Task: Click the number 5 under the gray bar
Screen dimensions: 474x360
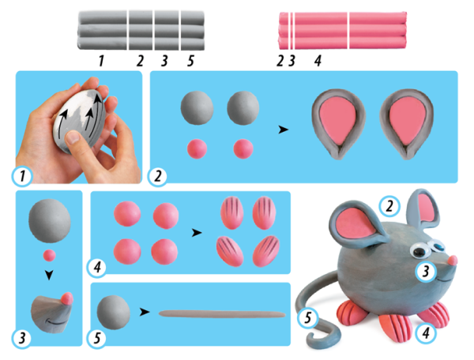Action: click(x=190, y=61)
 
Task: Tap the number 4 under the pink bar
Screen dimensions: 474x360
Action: click(x=318, y=61)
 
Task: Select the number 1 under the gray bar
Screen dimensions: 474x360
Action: click(x=101, y=61)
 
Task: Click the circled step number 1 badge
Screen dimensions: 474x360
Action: click(x=22, y=176)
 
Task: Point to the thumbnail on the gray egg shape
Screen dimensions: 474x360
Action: click(x=72, y=137)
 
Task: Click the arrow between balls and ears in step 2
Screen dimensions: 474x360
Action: click(x=284, y=129)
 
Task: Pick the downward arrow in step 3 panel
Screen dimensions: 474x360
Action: click(x=49, y=275)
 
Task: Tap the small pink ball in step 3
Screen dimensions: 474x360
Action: click(x=49, y=256)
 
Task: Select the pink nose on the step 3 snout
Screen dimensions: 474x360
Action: click(x=67, y=298)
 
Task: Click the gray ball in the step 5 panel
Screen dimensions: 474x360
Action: click(x=113, y=313)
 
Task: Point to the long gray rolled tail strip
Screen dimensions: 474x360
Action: click(x=222, y=314)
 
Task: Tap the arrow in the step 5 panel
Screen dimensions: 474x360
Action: click(x=145, y=312)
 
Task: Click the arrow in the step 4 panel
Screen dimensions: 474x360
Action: click(x=197, y=233)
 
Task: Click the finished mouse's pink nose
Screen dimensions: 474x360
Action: click(x=453, y=261)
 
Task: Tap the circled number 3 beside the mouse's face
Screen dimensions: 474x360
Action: click(x=426, y=272)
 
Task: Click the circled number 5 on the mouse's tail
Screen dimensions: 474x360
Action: click(x=308, y=318)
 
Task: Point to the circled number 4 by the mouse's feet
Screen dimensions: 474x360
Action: click(x=426, y=333)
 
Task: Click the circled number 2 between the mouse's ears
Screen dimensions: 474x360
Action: click(x=389, y=206)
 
